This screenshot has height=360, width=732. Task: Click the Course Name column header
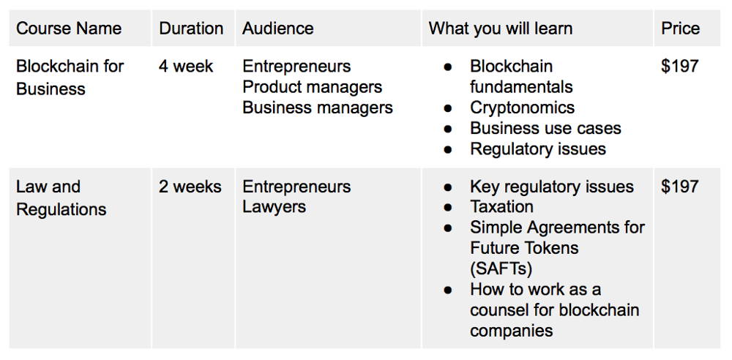[x=69, y=29]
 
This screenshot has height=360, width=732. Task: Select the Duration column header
[x=191, y=29]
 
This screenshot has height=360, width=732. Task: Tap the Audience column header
[x=277, y=29]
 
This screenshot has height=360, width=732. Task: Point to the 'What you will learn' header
[x=501, y=29]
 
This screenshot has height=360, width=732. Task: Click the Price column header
[x=680, y=29]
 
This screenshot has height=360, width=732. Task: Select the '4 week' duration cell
[x=186, y=67]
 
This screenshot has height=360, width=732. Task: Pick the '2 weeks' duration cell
[x=190, y=187]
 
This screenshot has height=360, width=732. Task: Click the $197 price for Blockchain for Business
[x=680, y=67]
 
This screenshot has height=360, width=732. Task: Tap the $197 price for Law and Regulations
[x=680, y=187]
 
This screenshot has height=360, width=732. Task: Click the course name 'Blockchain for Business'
[x=70, y=78]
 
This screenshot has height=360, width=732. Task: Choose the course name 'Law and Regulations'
[x=61, y=198]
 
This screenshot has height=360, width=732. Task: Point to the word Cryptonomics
[x=522, y=108]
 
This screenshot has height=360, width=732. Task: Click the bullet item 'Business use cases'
[x=545, y=128]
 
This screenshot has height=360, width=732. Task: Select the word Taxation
[x=501, y=206]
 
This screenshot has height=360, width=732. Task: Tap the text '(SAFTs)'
[x=501, y=269]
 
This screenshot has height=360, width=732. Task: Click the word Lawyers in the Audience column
[x=274, y=207]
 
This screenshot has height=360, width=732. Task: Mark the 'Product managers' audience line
[x=313, y=87]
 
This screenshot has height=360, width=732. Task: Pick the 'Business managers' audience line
[x=318, y=108]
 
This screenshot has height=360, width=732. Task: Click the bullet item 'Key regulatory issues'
[x=552, y=187]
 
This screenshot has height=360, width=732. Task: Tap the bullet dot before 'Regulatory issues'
[x=448, y=149]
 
